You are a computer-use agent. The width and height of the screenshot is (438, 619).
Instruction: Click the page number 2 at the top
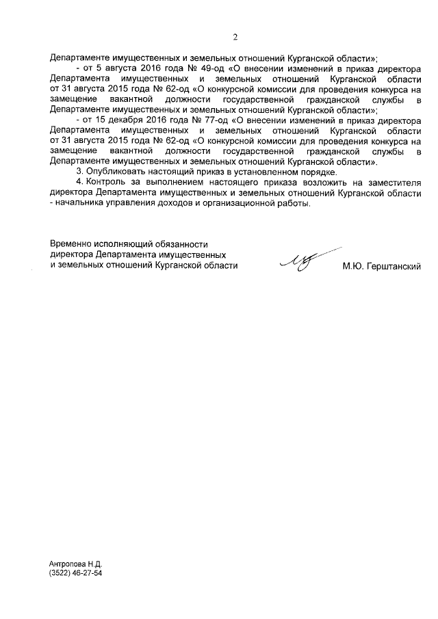click(x=234, y=37)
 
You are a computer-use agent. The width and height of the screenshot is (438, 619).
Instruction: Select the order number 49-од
click(x=204, y=70)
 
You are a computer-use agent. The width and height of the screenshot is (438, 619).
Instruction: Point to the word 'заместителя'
click(x=393, y=183)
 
